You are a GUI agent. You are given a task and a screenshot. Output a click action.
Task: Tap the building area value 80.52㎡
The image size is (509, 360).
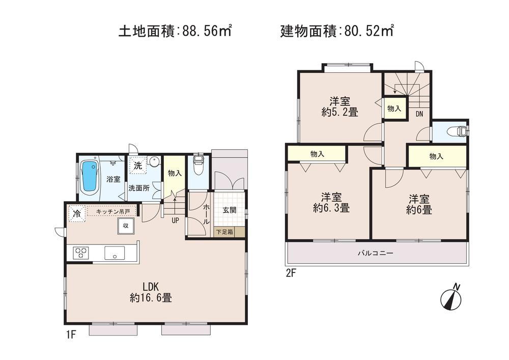(x=367, y=31)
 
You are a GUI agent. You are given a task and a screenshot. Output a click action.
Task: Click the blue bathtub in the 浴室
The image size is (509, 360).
(x=90, y=176)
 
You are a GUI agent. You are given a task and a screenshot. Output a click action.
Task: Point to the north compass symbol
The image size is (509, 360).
(x=450, y=299)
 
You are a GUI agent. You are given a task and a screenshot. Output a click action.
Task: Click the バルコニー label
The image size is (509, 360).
(x=375, y=253)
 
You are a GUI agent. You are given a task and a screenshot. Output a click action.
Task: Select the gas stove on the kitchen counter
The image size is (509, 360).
(x=81, y=253)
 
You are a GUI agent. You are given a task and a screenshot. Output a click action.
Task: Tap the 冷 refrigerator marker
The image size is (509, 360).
(x=76, y=214)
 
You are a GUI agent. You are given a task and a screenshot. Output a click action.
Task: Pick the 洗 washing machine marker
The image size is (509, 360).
(x=137, y=165)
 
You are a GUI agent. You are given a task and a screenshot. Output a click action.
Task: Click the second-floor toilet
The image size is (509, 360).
(x=456, y=131)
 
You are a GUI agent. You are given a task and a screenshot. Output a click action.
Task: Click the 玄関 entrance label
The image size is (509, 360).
(x=229, y=210)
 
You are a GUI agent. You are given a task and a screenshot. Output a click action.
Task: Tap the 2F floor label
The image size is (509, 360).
(x=291, y=273)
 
